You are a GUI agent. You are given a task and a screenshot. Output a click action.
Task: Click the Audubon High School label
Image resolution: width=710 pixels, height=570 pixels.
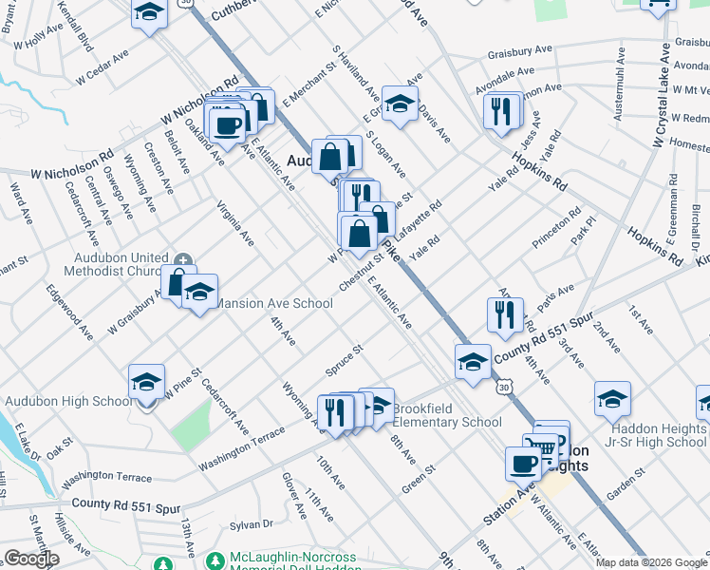coord(68,401)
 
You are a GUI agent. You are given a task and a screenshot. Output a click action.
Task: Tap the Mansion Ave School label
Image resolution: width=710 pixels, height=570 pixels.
coord(275,304)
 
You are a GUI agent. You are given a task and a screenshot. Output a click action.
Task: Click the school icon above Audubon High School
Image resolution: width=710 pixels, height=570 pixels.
coord(146,382)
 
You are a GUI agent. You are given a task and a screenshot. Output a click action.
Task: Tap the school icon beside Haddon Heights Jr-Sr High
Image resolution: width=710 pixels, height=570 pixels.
coord(613,399)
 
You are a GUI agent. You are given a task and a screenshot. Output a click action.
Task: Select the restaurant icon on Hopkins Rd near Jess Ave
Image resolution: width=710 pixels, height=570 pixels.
coord(503,111)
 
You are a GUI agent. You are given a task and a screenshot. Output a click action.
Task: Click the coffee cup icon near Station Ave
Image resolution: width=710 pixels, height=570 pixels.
coord(524,464)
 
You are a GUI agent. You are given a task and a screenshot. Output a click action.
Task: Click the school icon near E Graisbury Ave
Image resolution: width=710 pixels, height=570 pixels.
coord(400,104)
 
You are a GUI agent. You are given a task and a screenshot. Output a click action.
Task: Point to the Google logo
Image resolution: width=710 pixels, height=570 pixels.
coord(30,559)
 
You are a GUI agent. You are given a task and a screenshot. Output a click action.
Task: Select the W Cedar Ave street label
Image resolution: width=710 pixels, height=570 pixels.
coord(95,66)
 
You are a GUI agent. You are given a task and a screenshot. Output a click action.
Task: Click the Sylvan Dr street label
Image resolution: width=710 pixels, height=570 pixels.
coord(252,524)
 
